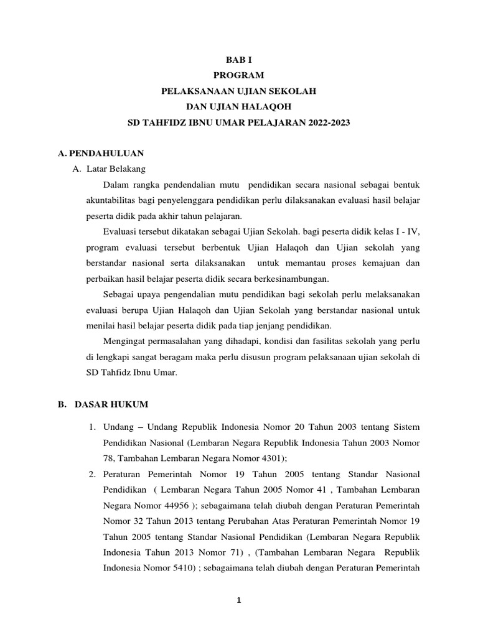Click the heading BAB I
(239, 59)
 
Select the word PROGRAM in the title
(239, 75)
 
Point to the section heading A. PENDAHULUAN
(100, 153)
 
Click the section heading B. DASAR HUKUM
(103, 404)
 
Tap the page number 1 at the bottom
(238, 600)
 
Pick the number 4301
(271, 458)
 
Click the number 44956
(151, 507)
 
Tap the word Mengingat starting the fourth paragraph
(123, 342)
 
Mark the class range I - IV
(408, 233)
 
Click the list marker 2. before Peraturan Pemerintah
(91, 475)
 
